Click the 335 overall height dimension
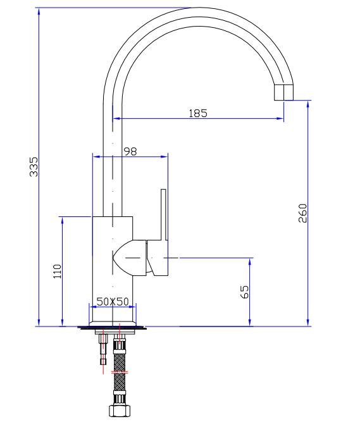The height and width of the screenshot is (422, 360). tap(34, 166)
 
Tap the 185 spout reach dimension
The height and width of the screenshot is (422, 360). tap(198, 113)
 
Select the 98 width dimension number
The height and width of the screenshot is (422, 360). tap(130, 151)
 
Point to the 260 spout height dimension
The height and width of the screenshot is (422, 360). tap(302, 213)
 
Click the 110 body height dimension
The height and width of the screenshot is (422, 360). tap(58, 271)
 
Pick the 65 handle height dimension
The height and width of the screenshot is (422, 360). tap(244, 292)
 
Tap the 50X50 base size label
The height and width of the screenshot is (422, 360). tap(113, 301)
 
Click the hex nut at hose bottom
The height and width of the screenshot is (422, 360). tap(120, 411)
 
